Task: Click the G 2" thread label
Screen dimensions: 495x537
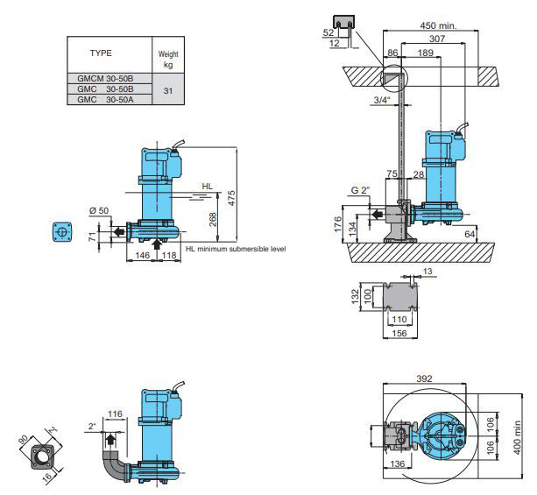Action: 361,190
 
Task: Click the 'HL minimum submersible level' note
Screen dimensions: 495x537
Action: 236,249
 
